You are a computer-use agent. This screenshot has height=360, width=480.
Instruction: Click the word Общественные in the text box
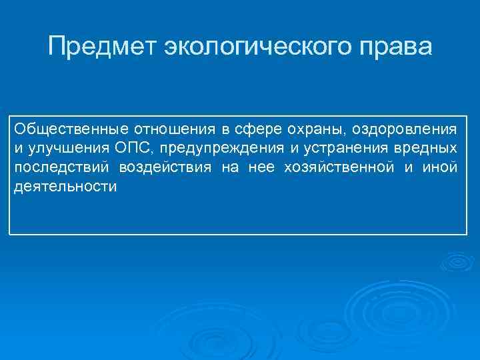pyautogui.click(x=59, y=127)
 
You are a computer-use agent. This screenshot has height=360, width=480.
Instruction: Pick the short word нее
pyautogui.click(x=261, y=167)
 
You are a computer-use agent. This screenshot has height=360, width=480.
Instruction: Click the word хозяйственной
pyautogui.click(x=339, y=167)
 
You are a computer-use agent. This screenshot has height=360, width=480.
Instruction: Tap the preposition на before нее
pyautogui.click(x=229, y=167)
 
